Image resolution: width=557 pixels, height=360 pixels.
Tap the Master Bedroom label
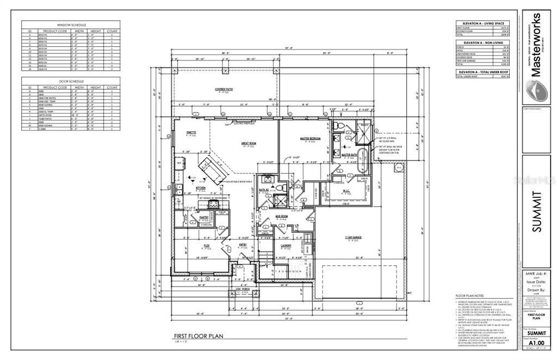(310, 138)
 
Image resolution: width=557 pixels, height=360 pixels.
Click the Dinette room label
(191, 133)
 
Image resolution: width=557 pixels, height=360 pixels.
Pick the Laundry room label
(286, 246)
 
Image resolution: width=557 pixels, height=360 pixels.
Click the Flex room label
(207, 246)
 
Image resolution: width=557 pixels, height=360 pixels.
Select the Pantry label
(204, 217)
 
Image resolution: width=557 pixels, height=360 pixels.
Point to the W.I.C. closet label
(346, 190)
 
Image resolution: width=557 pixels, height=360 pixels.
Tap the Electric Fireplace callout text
(244, 123)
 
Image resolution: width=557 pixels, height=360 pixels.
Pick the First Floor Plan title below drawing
(195, 336)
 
